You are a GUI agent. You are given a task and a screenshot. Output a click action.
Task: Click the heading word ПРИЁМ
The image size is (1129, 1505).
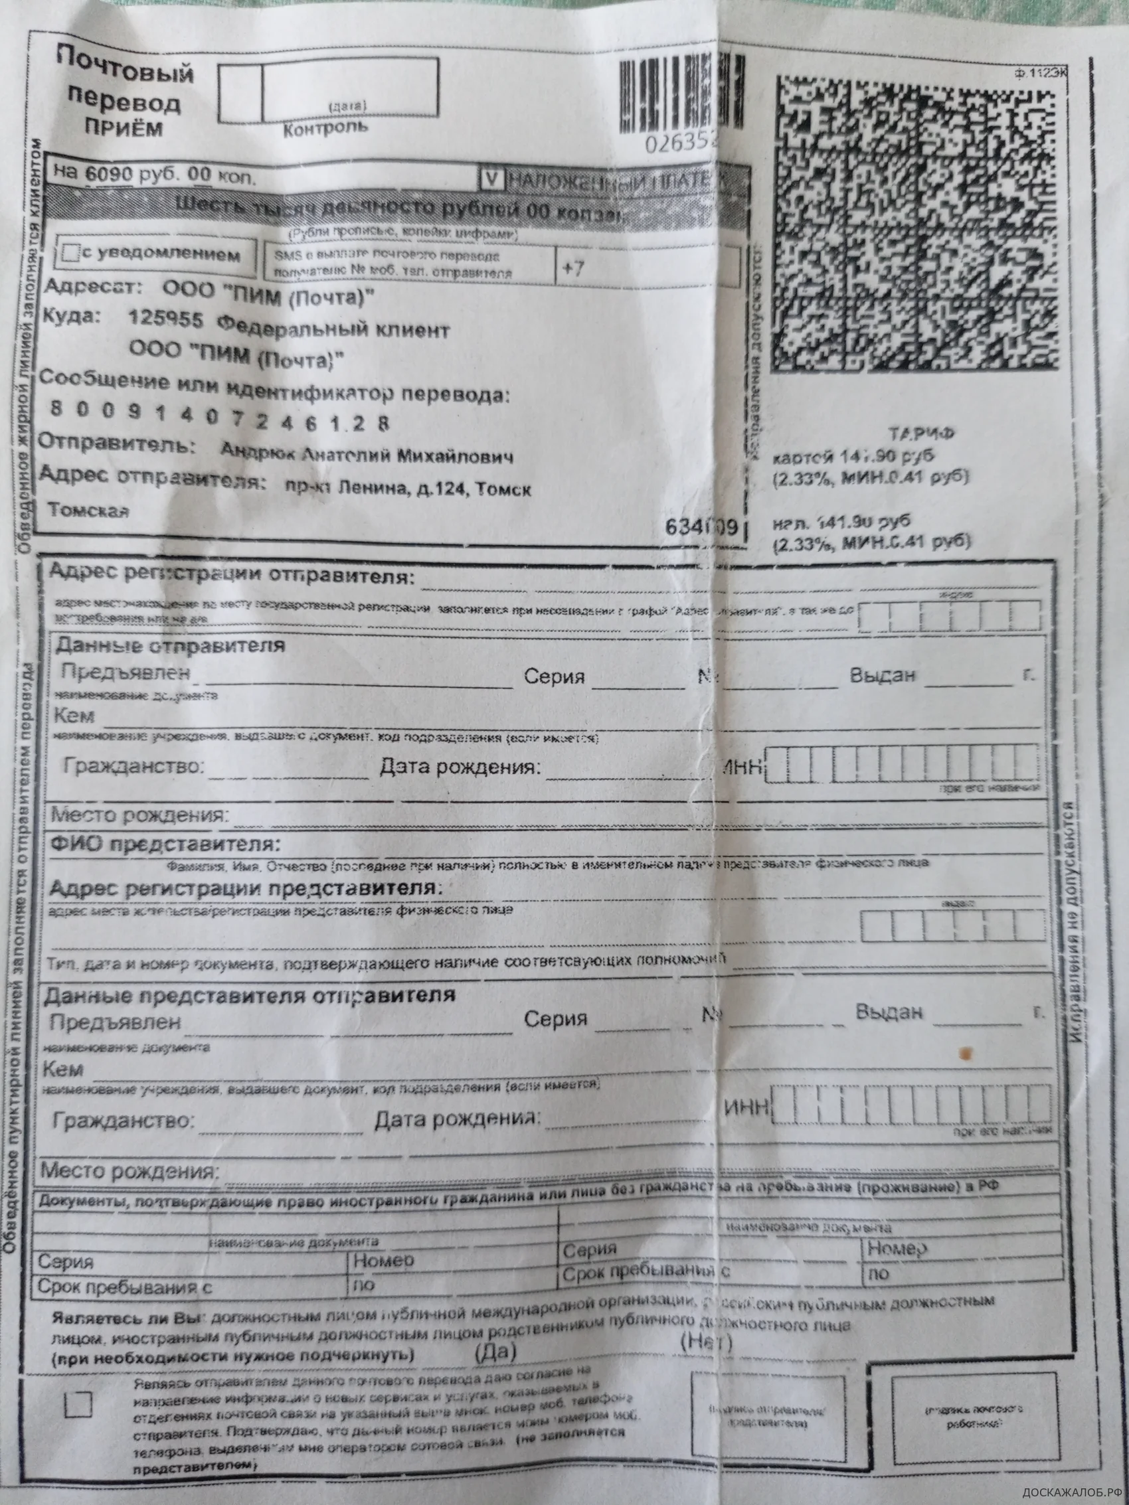click(123, 128)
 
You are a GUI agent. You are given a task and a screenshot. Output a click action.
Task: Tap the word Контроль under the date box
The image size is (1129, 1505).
click(325, 127)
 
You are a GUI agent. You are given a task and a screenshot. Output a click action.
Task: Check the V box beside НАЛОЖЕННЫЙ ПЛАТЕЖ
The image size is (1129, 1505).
click(492, 180)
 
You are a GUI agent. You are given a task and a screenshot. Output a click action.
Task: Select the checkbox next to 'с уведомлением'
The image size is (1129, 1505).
click(70, 254)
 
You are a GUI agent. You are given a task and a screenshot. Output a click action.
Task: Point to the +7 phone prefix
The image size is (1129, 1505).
click(573, 268)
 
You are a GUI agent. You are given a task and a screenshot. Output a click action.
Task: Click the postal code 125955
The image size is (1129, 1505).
click(165, 319)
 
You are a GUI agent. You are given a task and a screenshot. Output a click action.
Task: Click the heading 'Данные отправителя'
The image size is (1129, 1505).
click(170, 645)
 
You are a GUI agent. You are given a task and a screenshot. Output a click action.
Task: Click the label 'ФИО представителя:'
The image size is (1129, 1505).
click(165, 845)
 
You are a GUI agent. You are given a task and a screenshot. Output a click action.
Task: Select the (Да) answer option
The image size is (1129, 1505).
click(495, 1350)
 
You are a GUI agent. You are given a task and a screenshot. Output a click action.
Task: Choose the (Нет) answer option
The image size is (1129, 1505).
click(707, 1342)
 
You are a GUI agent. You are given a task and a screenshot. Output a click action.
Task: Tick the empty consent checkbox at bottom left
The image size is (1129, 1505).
click(78, 1403)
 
